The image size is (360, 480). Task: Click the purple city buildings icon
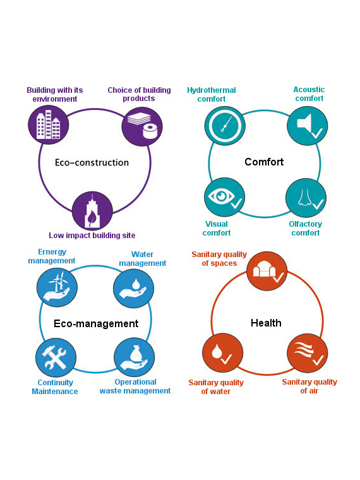(49, 125)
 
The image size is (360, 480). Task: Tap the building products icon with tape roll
(142, 126)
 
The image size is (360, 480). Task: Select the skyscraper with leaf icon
(92, 211)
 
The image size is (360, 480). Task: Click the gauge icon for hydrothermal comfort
(225, 126)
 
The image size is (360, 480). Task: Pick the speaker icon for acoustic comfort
(308, 126)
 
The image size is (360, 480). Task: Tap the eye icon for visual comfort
(224, 197)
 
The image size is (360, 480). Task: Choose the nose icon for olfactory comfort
(306, 198)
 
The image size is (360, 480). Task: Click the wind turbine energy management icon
(57, 287)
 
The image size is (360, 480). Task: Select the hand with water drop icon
(133, 288)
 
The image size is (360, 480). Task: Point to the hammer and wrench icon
(56, 357)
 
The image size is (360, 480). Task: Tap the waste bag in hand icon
(134, 357)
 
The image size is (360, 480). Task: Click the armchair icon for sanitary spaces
(267, 271)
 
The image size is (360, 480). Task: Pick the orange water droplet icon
(223, 352)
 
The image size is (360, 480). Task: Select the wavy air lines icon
(308, 353)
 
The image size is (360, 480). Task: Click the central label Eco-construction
(92, 162)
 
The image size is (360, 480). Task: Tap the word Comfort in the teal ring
(264, 162)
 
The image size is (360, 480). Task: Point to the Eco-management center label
(96, 323)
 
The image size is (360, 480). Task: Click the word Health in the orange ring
(266, 323)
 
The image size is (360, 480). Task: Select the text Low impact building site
(92, 236)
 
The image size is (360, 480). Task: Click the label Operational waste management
(135, 387)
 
